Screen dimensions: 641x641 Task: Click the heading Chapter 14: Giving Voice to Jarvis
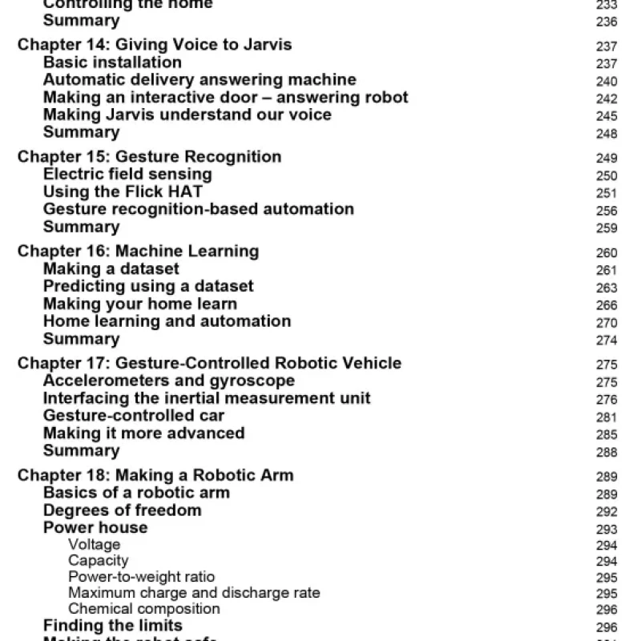(155, 45)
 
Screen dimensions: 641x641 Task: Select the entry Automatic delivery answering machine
(200, 80)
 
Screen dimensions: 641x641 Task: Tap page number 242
(607, 99)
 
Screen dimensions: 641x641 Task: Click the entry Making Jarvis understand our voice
(187, 115)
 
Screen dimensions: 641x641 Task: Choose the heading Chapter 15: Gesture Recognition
(149, 157)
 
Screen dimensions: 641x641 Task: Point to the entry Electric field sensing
(127, 174)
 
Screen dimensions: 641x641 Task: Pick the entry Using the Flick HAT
(123, 191)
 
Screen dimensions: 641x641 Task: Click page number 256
(607, 211)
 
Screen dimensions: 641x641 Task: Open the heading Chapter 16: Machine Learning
(138, 252)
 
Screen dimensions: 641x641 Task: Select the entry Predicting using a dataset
(148, 286)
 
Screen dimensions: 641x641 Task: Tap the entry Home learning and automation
(167, 321)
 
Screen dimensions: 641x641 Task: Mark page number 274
(607, 340)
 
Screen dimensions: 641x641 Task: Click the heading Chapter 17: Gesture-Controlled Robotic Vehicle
(209, 364)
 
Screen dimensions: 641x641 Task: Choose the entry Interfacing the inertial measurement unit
(207, 398)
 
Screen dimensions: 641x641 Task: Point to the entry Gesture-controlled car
(134, 416)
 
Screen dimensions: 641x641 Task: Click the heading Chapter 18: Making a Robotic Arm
(155, 475)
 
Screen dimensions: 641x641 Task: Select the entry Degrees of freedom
(123, 510)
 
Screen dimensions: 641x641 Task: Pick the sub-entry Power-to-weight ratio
(141, 577)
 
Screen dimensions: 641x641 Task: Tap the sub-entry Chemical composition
(144, 609)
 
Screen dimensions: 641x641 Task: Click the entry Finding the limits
(113, 626)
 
